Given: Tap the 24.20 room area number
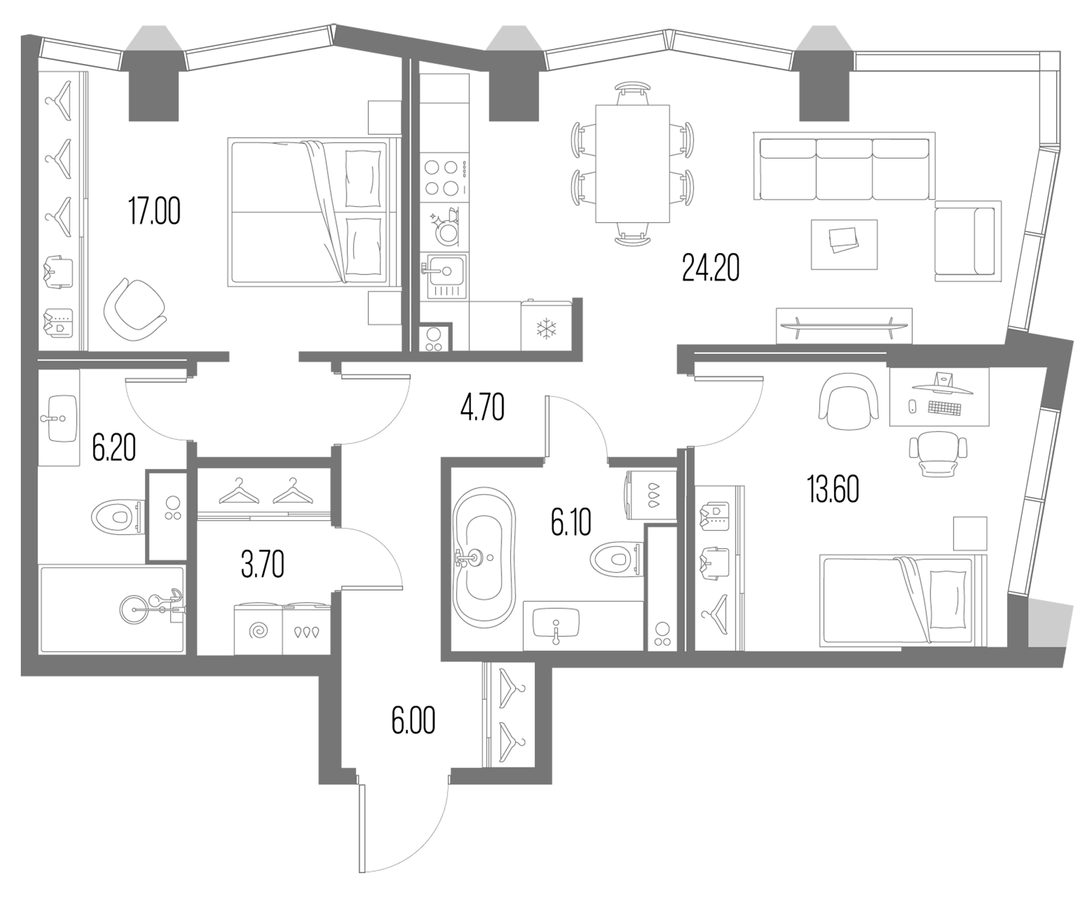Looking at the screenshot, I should pyautogui.click(x=710, y=268).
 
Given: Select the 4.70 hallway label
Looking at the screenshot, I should pyautogui.click(x=482, y=408).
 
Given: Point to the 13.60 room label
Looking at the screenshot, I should pyautogui.click(x=833, y=490).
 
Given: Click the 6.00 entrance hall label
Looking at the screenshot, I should pyautogui.click(x=413, y=721).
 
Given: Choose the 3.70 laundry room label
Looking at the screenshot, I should pyautogui.click(x=263, y=565).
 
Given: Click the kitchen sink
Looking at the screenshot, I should pyautogui.click(x=446, y=276).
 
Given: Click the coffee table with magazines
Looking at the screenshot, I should pyautogui.click(x=844, y=244).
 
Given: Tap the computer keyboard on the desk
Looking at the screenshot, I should pyautogui.click(x=944, y=408).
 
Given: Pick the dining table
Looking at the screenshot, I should pyautogui.click(x=632, y=164).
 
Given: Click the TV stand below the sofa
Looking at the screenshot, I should pyautogui.click(x=843, y=326).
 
